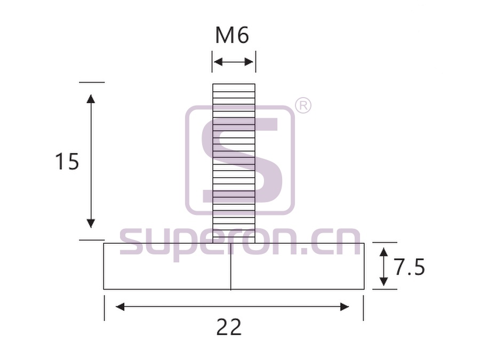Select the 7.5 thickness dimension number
tap(409, 267)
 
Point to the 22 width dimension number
tap(229, 327)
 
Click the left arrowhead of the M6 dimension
tap(218, 62)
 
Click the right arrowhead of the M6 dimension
tap(250, 62)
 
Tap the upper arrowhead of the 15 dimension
tap(91, 99)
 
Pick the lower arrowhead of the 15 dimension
tap(91, 224)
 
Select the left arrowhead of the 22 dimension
tap(120, 307)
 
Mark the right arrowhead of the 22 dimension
tap(345, 307)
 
